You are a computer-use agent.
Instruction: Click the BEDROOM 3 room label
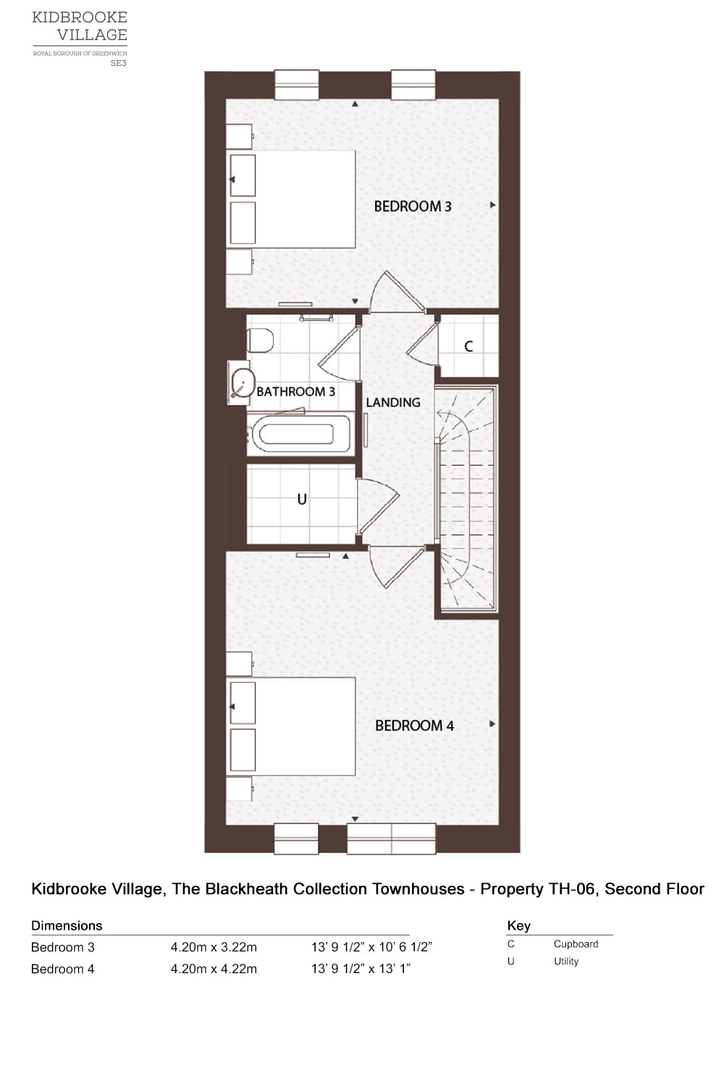[413, 206]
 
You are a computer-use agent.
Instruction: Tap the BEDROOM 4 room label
[414, 725]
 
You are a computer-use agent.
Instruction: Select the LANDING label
[393, 403]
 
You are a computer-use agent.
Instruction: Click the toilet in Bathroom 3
[260, 340]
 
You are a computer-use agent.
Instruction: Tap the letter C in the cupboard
[468, 346]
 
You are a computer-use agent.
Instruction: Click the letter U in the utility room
[302, 499]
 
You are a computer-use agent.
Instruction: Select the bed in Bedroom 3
[304, 199]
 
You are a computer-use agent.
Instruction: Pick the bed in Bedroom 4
[304, 726]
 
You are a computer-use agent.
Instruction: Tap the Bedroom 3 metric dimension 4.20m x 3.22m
[214, 947]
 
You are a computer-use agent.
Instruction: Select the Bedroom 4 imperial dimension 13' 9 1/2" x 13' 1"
[361, 969]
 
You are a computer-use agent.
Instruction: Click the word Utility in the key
[566, 961]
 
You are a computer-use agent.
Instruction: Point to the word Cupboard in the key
[576, 944]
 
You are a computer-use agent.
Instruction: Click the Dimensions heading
[67, 925]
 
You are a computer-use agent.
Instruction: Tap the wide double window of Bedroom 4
[391, 838]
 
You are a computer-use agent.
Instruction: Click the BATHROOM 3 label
[295, 392]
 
